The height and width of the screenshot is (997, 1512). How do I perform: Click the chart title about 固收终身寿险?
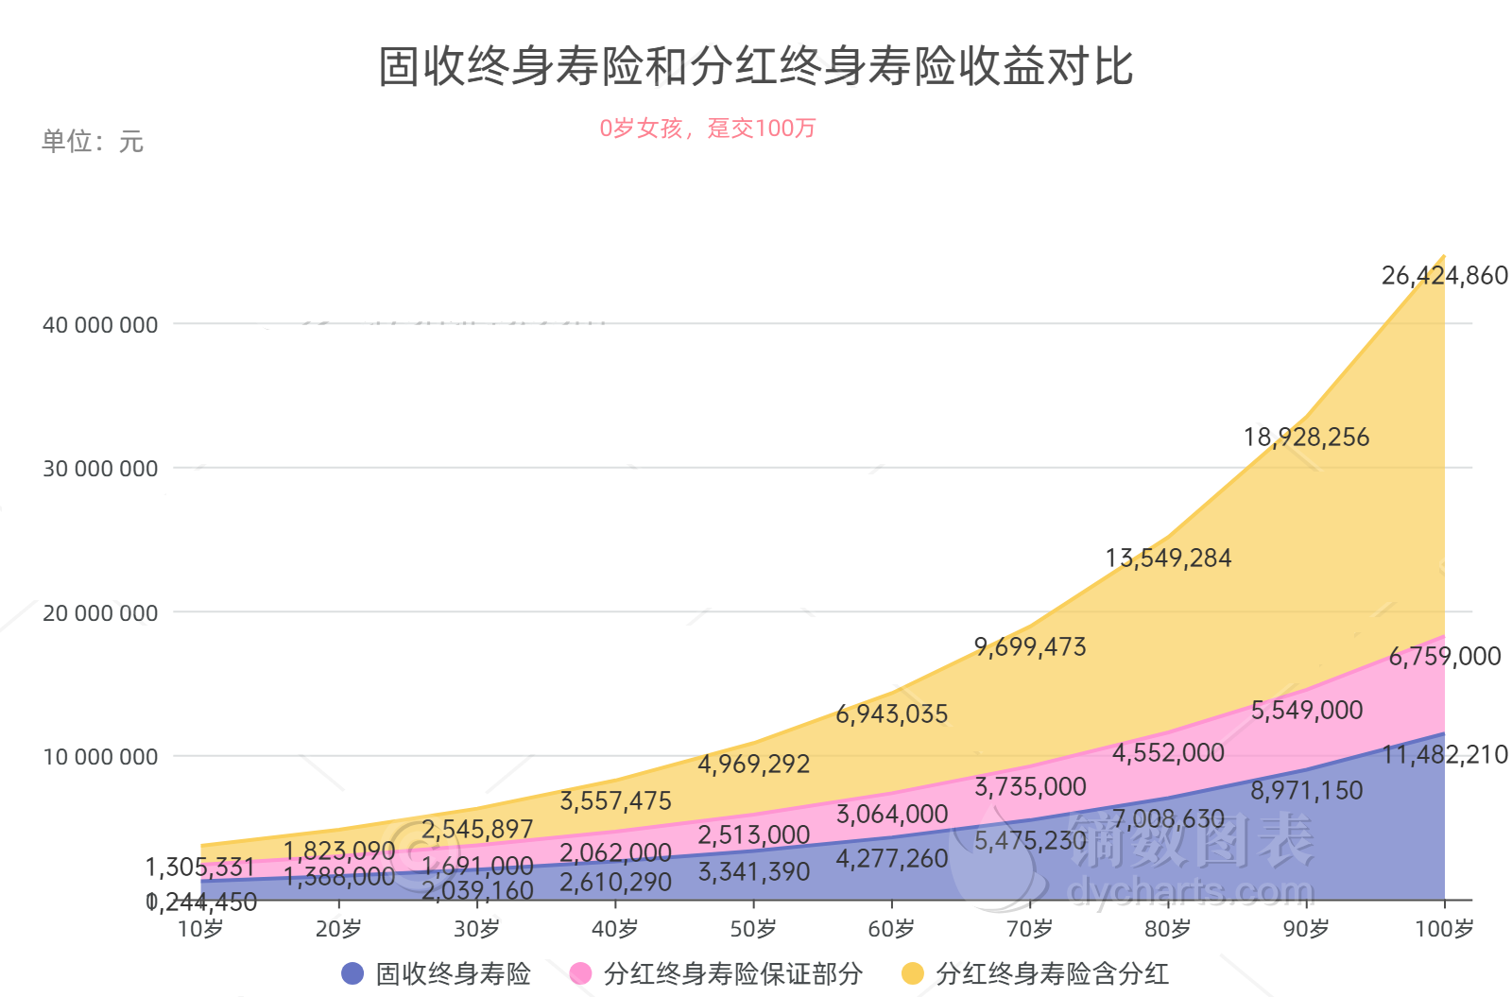point(756,66)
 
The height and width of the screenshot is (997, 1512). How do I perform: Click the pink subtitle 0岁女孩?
point(707,129)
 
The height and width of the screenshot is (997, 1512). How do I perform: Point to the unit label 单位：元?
point(92,142)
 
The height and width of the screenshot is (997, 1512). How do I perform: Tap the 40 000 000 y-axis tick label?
point(100,325)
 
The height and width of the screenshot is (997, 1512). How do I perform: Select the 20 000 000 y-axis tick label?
point(100,613)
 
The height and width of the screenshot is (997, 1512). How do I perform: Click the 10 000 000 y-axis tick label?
point(100,757)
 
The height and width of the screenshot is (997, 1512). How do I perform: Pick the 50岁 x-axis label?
point(753,929)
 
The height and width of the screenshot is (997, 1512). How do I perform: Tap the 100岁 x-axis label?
point(1443,929)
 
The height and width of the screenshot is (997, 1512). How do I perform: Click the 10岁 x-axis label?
point(200,929)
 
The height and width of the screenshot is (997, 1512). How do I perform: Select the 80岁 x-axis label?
point(1168,929)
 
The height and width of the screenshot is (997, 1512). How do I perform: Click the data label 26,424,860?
point(1444,276)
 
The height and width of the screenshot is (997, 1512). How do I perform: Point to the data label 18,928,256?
point(1306,438)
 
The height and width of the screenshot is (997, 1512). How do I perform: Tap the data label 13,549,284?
point(1168,559)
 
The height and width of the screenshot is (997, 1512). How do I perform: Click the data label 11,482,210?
point(1444,755)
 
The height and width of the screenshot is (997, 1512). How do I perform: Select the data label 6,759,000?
point(1444,657)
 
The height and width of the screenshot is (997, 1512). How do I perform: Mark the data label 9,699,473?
point(1030,647)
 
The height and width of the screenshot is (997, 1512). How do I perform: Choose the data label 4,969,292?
point(753,764)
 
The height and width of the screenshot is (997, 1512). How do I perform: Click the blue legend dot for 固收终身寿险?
point(352,973)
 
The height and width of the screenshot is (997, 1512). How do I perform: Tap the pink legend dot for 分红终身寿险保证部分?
point(581,973)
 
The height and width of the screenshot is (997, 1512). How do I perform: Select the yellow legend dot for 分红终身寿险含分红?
point(913,973)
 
